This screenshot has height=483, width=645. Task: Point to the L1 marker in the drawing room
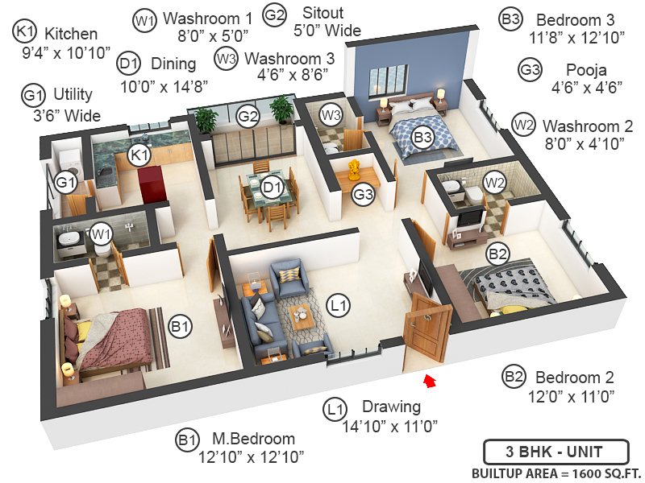coord(339,305)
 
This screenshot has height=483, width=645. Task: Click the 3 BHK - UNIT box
coord(555,452)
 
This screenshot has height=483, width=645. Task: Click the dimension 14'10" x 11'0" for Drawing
coord(390,426)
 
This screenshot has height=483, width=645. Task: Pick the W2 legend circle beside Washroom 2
coord(524,126)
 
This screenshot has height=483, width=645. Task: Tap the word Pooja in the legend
coord(576,69)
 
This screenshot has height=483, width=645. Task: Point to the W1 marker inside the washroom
coord(101,234)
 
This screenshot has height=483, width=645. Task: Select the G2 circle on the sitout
coord(248,117)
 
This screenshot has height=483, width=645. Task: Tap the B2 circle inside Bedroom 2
coord(497,254)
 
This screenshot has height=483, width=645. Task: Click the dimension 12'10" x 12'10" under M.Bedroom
coord(251,458)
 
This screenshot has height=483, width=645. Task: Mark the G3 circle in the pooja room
coord(364,193)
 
